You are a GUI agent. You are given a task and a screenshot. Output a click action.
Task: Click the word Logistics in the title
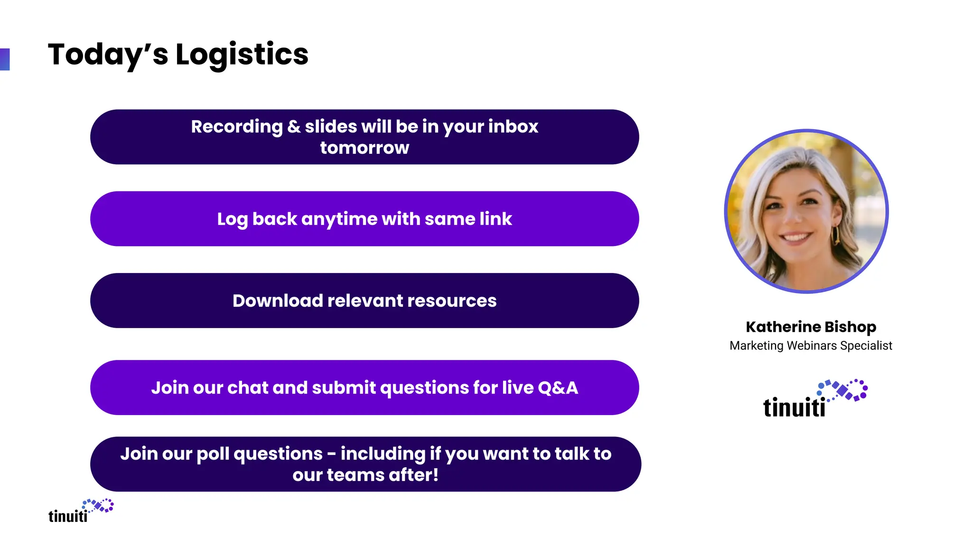pos(242,55)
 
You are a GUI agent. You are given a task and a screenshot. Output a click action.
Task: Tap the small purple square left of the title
pos(5,59)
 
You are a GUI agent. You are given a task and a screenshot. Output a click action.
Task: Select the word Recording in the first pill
pos(236,127)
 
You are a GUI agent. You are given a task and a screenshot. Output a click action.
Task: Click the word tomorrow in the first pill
pos(364,148)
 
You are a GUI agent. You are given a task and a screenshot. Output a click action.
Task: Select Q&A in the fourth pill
pos(558,388)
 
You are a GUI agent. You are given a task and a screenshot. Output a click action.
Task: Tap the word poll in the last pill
pos(213,454)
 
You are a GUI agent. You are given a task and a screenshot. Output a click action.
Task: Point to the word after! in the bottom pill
pos(413,475)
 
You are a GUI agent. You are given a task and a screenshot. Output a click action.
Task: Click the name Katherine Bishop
pos(811,327)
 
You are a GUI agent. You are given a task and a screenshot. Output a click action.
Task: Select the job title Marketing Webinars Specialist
pos(811,346)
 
